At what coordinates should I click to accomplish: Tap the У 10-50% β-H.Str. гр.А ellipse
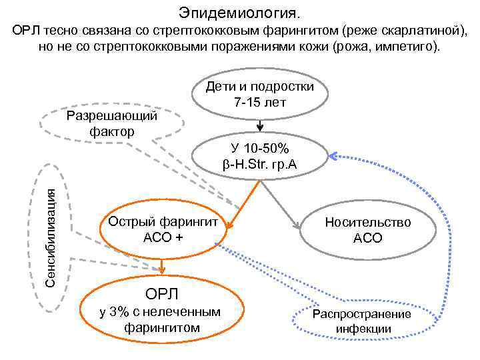coord(260,155)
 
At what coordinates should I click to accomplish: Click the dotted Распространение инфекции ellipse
coord(363,321)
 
